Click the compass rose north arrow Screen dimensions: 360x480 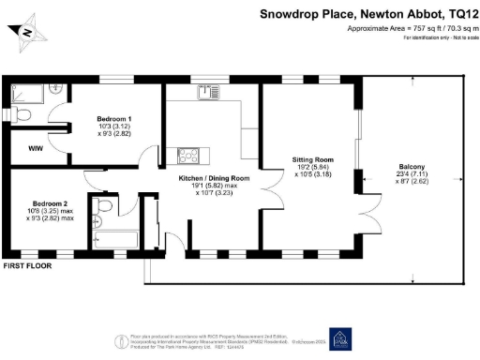click(27, 33)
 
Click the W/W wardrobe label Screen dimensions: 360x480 click(35, 148)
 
